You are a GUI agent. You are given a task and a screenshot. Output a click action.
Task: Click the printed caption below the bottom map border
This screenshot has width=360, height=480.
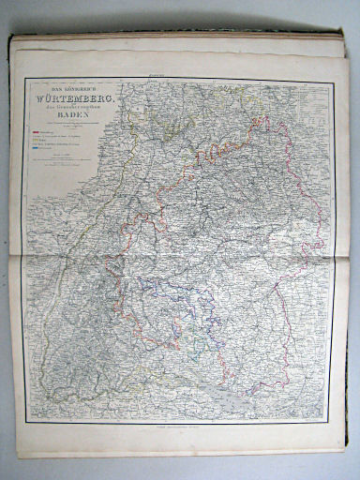[178, 428]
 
